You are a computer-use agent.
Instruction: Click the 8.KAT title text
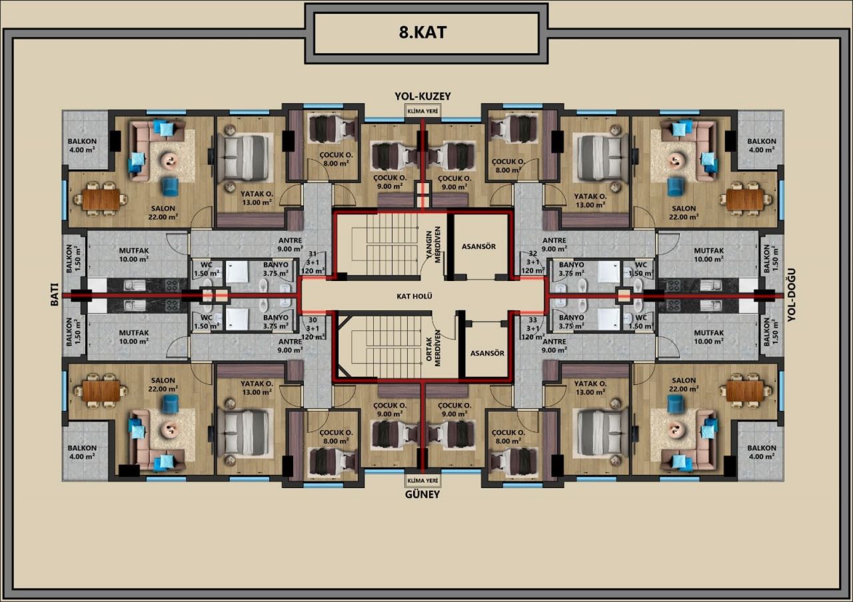[x=423, y=33]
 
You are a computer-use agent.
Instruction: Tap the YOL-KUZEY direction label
[x=423, y=97]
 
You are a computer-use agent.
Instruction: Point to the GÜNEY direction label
[x=423, y=495]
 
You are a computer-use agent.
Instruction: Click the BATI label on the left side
[x=55, y=294]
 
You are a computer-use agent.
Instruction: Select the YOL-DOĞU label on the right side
[x=792, y=295]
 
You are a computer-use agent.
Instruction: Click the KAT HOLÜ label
[x=415, y=296]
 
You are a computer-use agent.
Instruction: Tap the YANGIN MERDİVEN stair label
[x=433, y=244]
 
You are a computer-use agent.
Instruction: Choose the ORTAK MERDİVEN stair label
[x=433, y=348]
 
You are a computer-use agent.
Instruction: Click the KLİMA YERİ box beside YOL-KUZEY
[x=423, y=111]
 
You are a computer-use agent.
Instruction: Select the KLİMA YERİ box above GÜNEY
[x=423, y=481]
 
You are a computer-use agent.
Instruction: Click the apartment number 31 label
[x=313, y=254]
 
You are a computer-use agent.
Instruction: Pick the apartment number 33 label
[x=532, y=320]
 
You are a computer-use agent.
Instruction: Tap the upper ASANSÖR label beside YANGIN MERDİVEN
[x=478, y=246]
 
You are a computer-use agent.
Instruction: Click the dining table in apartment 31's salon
[x=101, y=199]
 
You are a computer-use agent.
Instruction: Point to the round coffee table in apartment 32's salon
[x=676, y=160]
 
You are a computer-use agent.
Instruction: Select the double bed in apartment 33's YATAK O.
[x=600, y=433]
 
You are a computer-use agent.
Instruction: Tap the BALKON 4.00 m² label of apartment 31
[x=82, y=145]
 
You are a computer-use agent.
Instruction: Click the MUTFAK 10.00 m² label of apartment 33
[x=708, y=337]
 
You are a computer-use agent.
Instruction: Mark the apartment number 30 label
[x=313, y=320]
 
